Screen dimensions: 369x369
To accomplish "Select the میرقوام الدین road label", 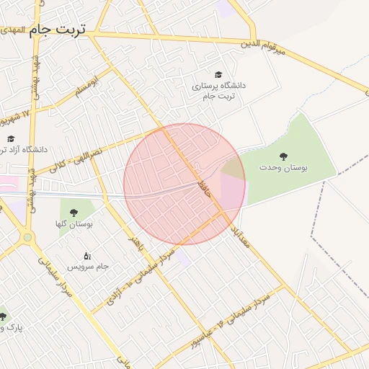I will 263,45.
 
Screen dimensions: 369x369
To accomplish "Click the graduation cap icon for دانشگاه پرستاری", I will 218,74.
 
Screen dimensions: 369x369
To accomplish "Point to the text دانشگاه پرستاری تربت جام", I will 218,91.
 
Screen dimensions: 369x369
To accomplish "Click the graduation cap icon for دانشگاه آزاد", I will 10,138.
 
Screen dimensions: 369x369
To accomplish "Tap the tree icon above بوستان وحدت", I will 283,155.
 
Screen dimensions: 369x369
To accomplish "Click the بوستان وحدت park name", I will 283,167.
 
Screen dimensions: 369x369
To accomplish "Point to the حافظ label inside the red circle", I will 204,188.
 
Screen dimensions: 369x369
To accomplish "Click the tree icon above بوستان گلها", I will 74,213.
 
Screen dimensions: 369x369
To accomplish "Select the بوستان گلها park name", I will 74,225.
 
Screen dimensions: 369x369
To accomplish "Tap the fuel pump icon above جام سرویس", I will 88,255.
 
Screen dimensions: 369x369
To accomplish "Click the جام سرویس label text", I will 88,267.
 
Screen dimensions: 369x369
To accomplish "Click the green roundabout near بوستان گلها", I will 27,236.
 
